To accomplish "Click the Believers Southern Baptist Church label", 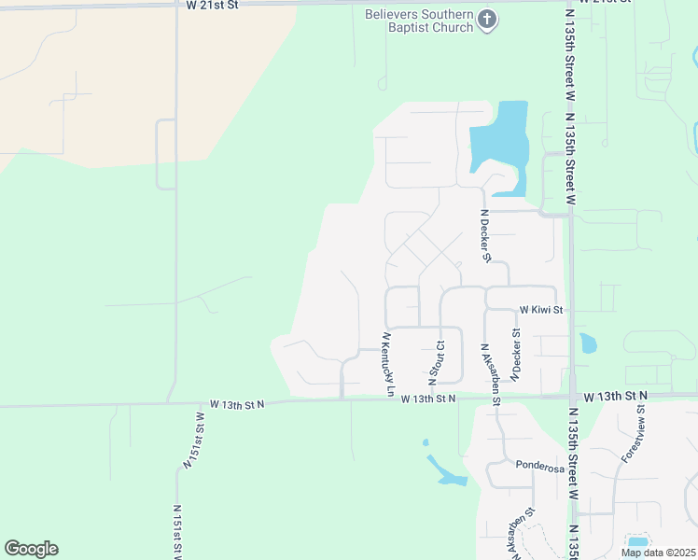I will click(x=418, y=21).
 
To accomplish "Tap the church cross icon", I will click(x=487, y=19).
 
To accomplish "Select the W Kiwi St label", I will click(x=541, y=309).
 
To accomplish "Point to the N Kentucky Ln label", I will click(x=387, y=364).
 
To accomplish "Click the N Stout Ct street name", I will click(x=435, y=363).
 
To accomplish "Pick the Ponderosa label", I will click(x=540, y=467).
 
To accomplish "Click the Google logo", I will click(x=31, y=549).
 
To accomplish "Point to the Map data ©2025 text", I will click(x=657, y=553).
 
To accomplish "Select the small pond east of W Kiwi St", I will click(x=588, y=343).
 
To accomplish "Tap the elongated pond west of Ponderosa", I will click(x=446, y=471).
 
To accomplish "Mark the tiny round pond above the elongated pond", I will click(x=426, y=442).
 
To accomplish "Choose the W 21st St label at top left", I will click(x=213, y=5).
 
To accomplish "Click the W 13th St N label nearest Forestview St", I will click(x=615, y=398).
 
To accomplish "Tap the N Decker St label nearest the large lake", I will click(x=485, y=235).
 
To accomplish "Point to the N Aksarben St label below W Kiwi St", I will click(x=491, y=372).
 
